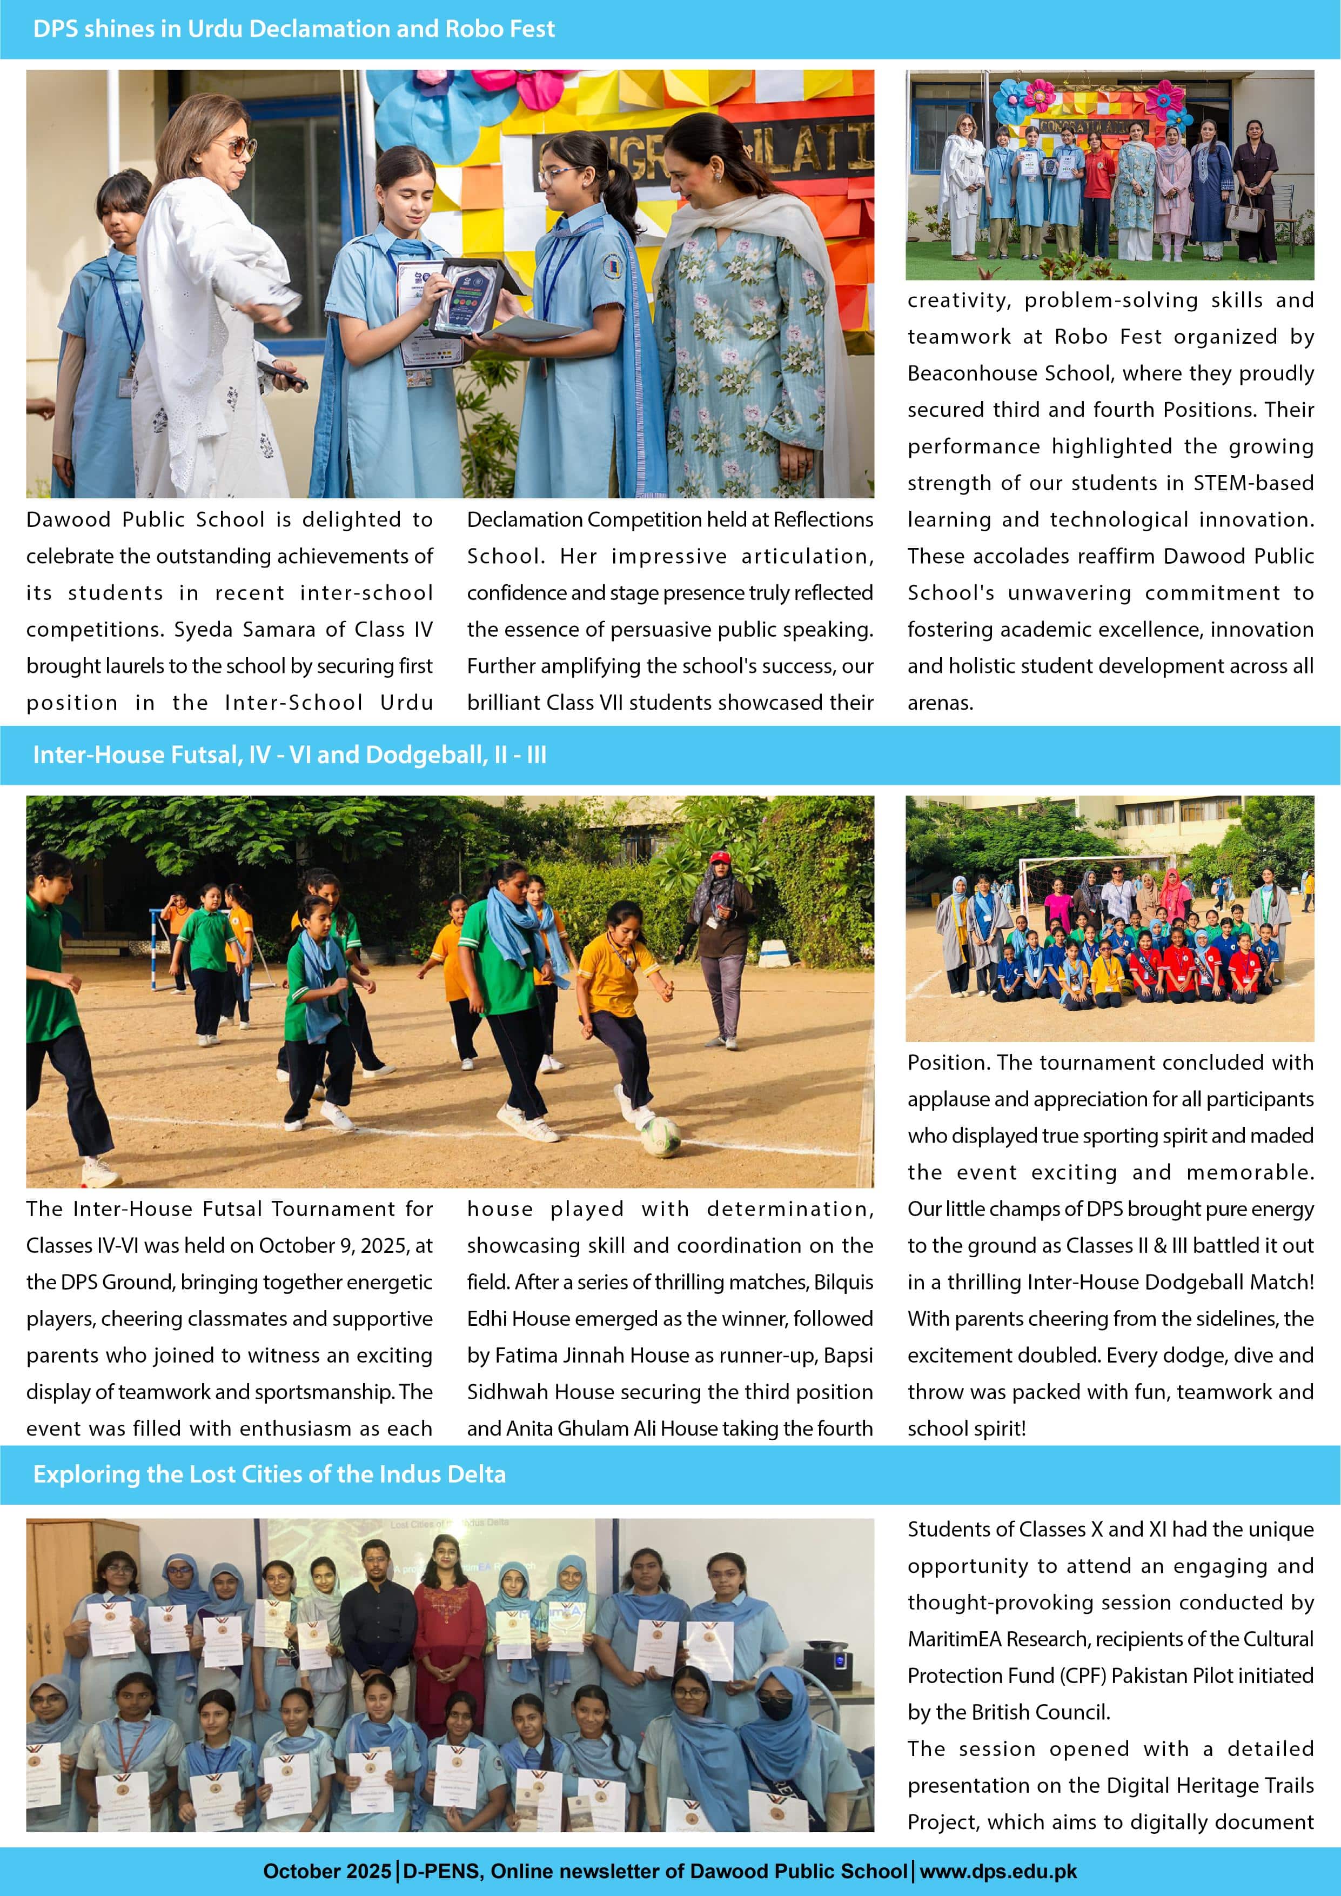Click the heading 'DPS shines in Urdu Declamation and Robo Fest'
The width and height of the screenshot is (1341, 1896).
(x=293, y=29)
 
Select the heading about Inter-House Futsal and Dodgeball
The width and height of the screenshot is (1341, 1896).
(x=289, y=755)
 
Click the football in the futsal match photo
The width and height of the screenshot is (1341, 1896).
(x=661, y=1136)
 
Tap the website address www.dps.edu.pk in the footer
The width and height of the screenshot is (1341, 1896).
(x=998, y=1871)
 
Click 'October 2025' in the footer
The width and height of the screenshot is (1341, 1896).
(x=327, y=1871)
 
